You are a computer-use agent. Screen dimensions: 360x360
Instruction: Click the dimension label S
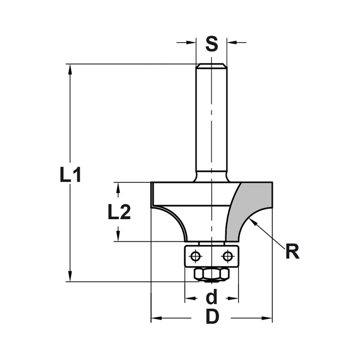point(212,44)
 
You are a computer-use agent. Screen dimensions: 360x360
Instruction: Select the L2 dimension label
point(119,213)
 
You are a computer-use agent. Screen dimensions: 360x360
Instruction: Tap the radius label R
point(292,252)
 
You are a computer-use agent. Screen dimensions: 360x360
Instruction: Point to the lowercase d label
point(212,297)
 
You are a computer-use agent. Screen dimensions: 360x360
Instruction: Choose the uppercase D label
point(212,318)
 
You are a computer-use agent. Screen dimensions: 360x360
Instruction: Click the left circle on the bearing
point(195,256)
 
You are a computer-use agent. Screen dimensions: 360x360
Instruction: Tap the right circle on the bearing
point(227,256)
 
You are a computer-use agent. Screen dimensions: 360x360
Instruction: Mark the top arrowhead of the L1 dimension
point(70,68)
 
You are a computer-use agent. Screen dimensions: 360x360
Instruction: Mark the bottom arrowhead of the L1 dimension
point(70,277)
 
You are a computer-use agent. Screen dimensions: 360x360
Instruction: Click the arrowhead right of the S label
point(231,42)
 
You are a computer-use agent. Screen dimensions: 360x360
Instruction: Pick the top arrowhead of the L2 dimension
point(117,186)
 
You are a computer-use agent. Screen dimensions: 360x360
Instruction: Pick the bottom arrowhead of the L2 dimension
point(117,237)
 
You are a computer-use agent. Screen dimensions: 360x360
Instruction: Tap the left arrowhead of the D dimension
point(155,318)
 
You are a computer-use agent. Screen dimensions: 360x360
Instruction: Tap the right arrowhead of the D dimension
point(268,318)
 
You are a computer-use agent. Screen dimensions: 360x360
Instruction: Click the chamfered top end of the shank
point(211,66)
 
